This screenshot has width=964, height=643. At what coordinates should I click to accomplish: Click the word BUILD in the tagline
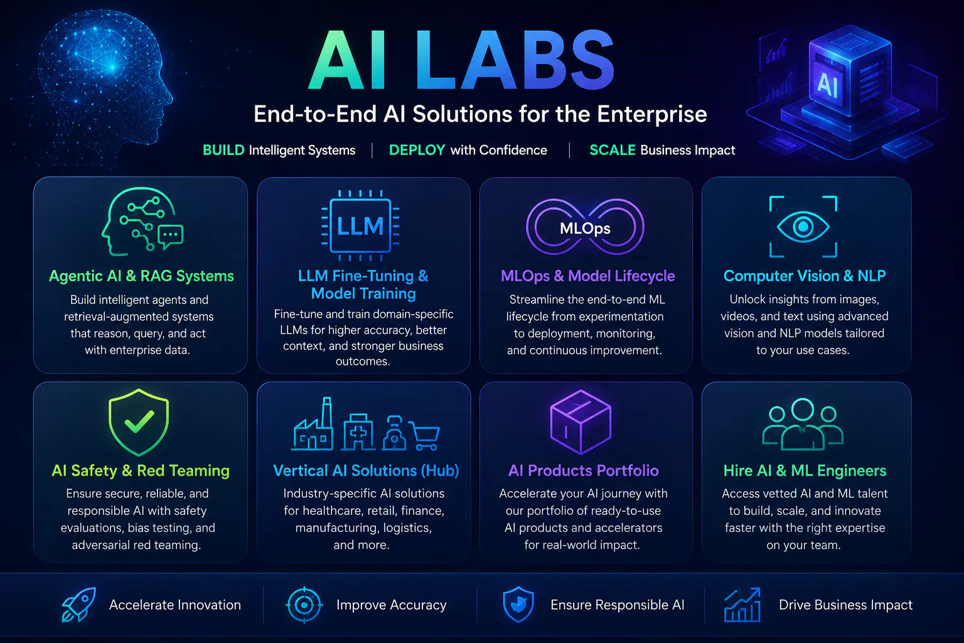223,150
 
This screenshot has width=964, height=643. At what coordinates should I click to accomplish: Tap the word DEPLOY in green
417,150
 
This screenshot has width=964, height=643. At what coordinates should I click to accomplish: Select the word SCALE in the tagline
613,150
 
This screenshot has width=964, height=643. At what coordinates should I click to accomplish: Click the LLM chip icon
361,225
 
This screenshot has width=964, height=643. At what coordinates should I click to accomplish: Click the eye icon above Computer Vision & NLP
803,227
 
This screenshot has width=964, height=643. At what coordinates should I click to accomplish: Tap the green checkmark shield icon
139,422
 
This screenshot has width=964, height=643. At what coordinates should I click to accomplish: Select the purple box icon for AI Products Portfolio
581,422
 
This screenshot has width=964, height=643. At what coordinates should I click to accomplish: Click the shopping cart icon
425,435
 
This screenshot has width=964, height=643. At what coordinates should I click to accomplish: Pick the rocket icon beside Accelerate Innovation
78,604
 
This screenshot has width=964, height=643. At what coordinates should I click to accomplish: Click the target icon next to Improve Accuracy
304,605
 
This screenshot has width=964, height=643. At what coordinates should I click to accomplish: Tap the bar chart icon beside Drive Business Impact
742,605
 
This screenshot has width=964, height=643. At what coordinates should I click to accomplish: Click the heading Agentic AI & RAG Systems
142,276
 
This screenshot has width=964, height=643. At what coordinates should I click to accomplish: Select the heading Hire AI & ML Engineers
805,470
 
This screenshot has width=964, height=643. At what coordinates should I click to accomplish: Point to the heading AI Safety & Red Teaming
141,470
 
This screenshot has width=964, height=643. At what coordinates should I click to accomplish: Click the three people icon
803,424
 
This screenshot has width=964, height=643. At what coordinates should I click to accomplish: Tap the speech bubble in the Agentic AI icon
171,236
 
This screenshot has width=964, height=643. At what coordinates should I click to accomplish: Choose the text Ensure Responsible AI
618,605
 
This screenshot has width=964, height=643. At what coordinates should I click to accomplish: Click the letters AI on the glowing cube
827,84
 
